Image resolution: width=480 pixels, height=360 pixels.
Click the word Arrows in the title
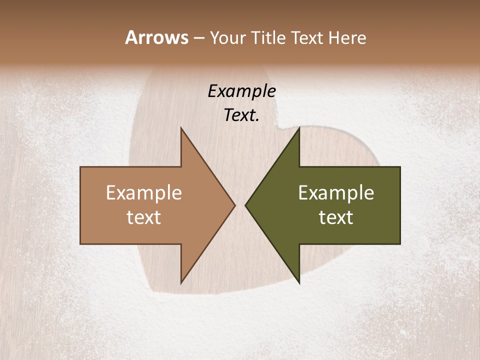(x=156, y=37)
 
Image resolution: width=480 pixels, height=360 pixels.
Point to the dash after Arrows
(x=198, y=38)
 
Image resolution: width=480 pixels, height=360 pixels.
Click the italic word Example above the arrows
(x=242, y=91)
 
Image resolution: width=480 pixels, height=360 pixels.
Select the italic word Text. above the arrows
(x=242, y=115)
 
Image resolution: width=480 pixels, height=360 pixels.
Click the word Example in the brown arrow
(x=144, y=193)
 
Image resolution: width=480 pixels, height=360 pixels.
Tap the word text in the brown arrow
(x=144, y=217)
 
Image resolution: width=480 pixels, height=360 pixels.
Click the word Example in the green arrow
(x=336, y=193)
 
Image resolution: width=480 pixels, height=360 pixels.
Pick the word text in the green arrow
(x=336, y=217)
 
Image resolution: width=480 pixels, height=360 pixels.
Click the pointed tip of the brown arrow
(x=235, y=205)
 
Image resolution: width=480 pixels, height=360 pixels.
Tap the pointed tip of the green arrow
(x=245, y=205)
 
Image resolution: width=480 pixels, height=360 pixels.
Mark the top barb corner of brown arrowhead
(x=181, y=127)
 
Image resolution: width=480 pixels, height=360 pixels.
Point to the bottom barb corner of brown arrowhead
(x=181, y=283)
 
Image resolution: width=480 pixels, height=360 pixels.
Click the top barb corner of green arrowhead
(x=299, y=127)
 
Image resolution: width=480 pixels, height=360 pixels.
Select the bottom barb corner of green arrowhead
(x=299, y=283)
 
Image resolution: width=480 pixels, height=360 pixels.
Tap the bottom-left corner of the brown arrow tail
(x=80, y=243)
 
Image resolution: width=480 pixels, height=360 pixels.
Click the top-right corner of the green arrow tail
(x=400, y=167)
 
